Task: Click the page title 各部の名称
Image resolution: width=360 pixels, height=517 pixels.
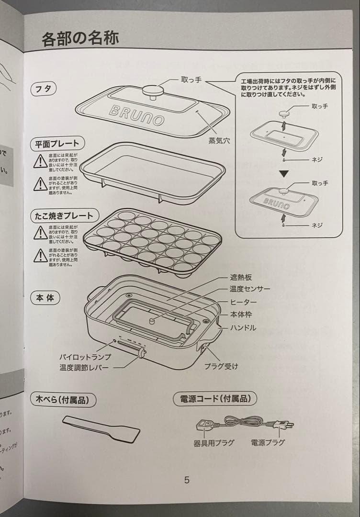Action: tap(80, 38)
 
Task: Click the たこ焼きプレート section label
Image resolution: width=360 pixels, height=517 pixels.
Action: tap(64, 215)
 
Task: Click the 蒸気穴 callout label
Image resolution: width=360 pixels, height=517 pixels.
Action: tap(219, 141)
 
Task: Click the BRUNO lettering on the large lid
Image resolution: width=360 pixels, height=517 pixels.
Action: tap(137, 114)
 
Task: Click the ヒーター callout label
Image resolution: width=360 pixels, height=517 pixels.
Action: tap(243, 303)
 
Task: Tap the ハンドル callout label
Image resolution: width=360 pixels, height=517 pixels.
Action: tap(243, 328)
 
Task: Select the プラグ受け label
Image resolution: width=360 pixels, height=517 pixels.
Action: tap(221, 366)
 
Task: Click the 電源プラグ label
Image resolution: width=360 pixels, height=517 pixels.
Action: tap(268, 443)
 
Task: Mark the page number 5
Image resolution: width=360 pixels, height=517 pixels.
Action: tap(187, 480)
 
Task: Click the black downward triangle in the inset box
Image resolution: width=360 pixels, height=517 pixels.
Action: tap(284, 173)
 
